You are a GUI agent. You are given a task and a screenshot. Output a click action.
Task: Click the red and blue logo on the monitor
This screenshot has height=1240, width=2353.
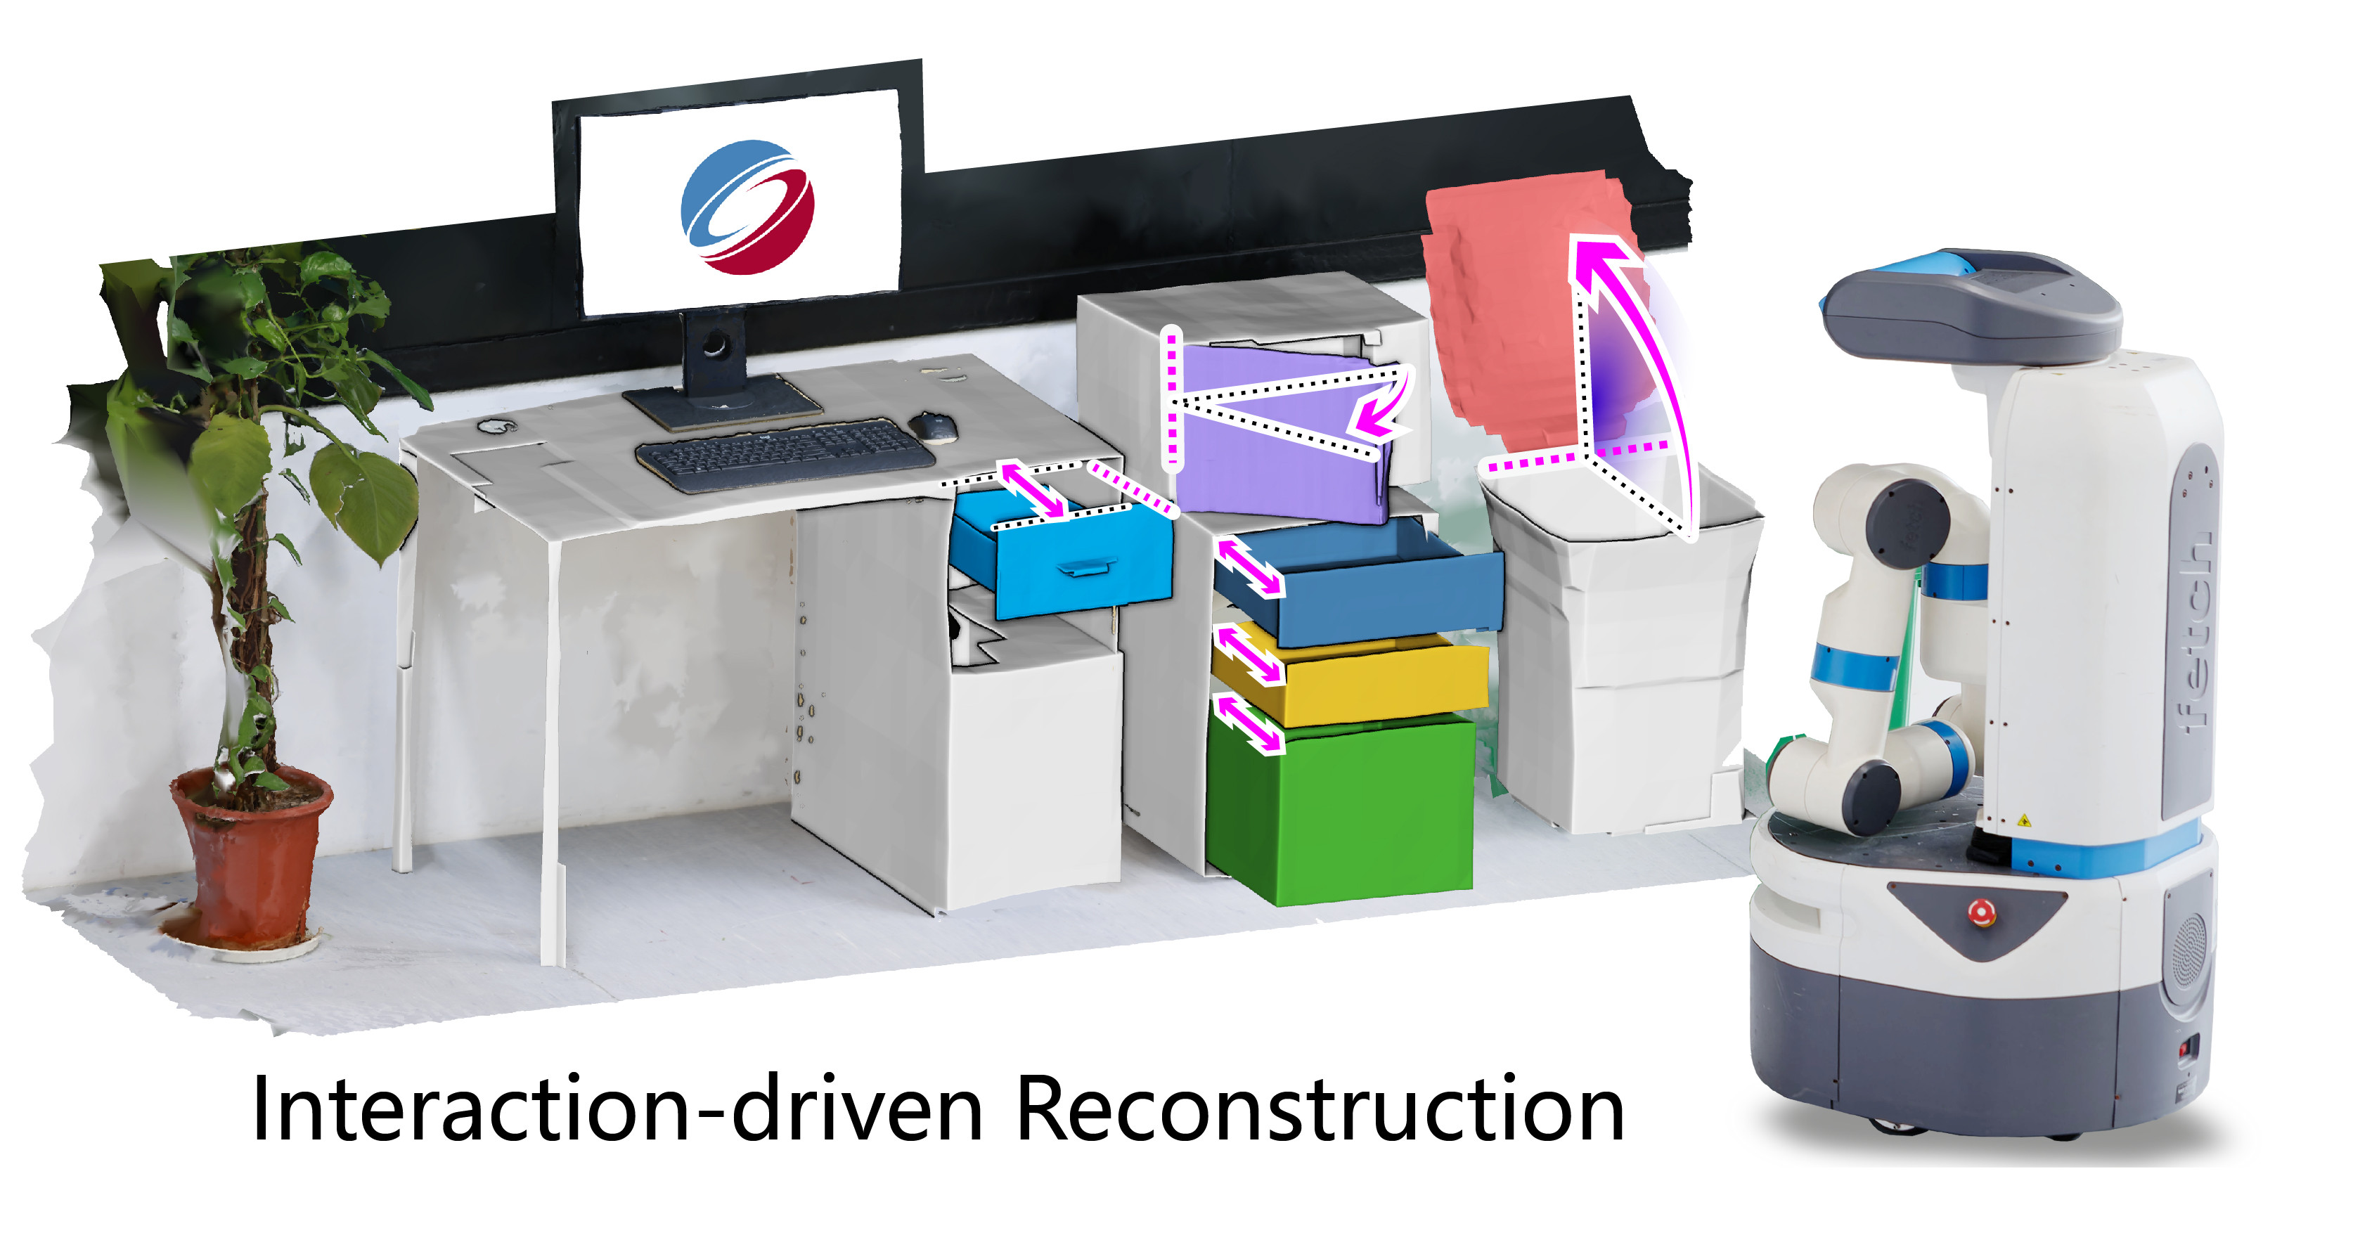click(747, 207)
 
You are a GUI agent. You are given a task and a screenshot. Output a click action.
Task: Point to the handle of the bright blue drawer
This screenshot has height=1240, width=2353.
click(1085, 569)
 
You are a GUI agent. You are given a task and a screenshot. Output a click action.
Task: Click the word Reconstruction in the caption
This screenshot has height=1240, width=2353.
click(1320, 1109)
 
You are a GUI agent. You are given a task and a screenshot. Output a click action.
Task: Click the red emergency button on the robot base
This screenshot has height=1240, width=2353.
click(1980, 911)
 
